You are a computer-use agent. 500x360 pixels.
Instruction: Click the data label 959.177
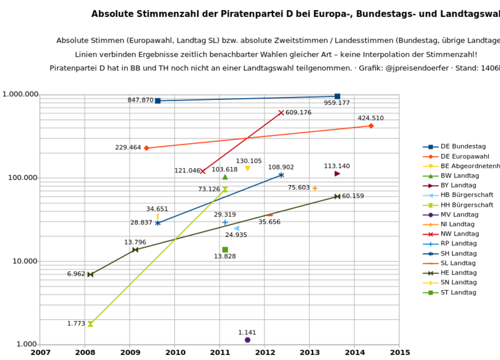pos(337,103)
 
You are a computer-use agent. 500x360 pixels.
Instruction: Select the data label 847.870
pos(140,100)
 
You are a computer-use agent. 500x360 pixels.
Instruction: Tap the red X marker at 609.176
pos(281,112)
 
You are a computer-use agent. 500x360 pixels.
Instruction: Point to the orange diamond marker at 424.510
pos(371,126)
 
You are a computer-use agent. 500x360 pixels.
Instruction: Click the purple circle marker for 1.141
pos(247,340)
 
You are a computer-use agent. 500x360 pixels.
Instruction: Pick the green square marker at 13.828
pos(225,249)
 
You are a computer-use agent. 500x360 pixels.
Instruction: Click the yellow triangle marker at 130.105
pos(247,169)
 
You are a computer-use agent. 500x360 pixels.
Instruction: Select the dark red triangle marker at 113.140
pos(337,174)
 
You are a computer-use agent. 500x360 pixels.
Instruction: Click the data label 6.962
pos(76,274)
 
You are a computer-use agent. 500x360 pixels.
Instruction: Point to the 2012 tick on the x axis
pos(264,352)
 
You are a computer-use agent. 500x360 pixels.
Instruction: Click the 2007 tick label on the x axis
pos(41,352)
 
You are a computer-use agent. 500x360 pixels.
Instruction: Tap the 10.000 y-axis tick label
pos(22,261)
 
